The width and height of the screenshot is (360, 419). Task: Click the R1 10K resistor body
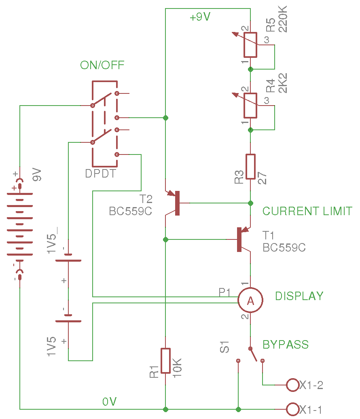165,360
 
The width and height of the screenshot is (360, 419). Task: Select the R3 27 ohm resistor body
250,166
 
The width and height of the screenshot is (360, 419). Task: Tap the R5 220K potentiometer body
250,44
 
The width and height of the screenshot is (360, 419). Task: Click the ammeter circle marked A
250,300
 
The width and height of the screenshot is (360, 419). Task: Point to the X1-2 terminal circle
292,385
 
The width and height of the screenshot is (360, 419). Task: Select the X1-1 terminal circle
292,409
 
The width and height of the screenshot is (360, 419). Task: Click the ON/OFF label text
102,65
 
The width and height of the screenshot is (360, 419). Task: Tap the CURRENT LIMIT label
307,211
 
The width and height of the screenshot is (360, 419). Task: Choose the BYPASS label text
286,345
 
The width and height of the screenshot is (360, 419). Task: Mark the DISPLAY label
299,296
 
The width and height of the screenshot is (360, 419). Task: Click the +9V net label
200,17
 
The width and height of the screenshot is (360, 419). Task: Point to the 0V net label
110,402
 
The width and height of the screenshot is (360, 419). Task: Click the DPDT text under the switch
101,174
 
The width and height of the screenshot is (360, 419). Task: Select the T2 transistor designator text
146,199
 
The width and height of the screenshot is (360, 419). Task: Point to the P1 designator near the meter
225,292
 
